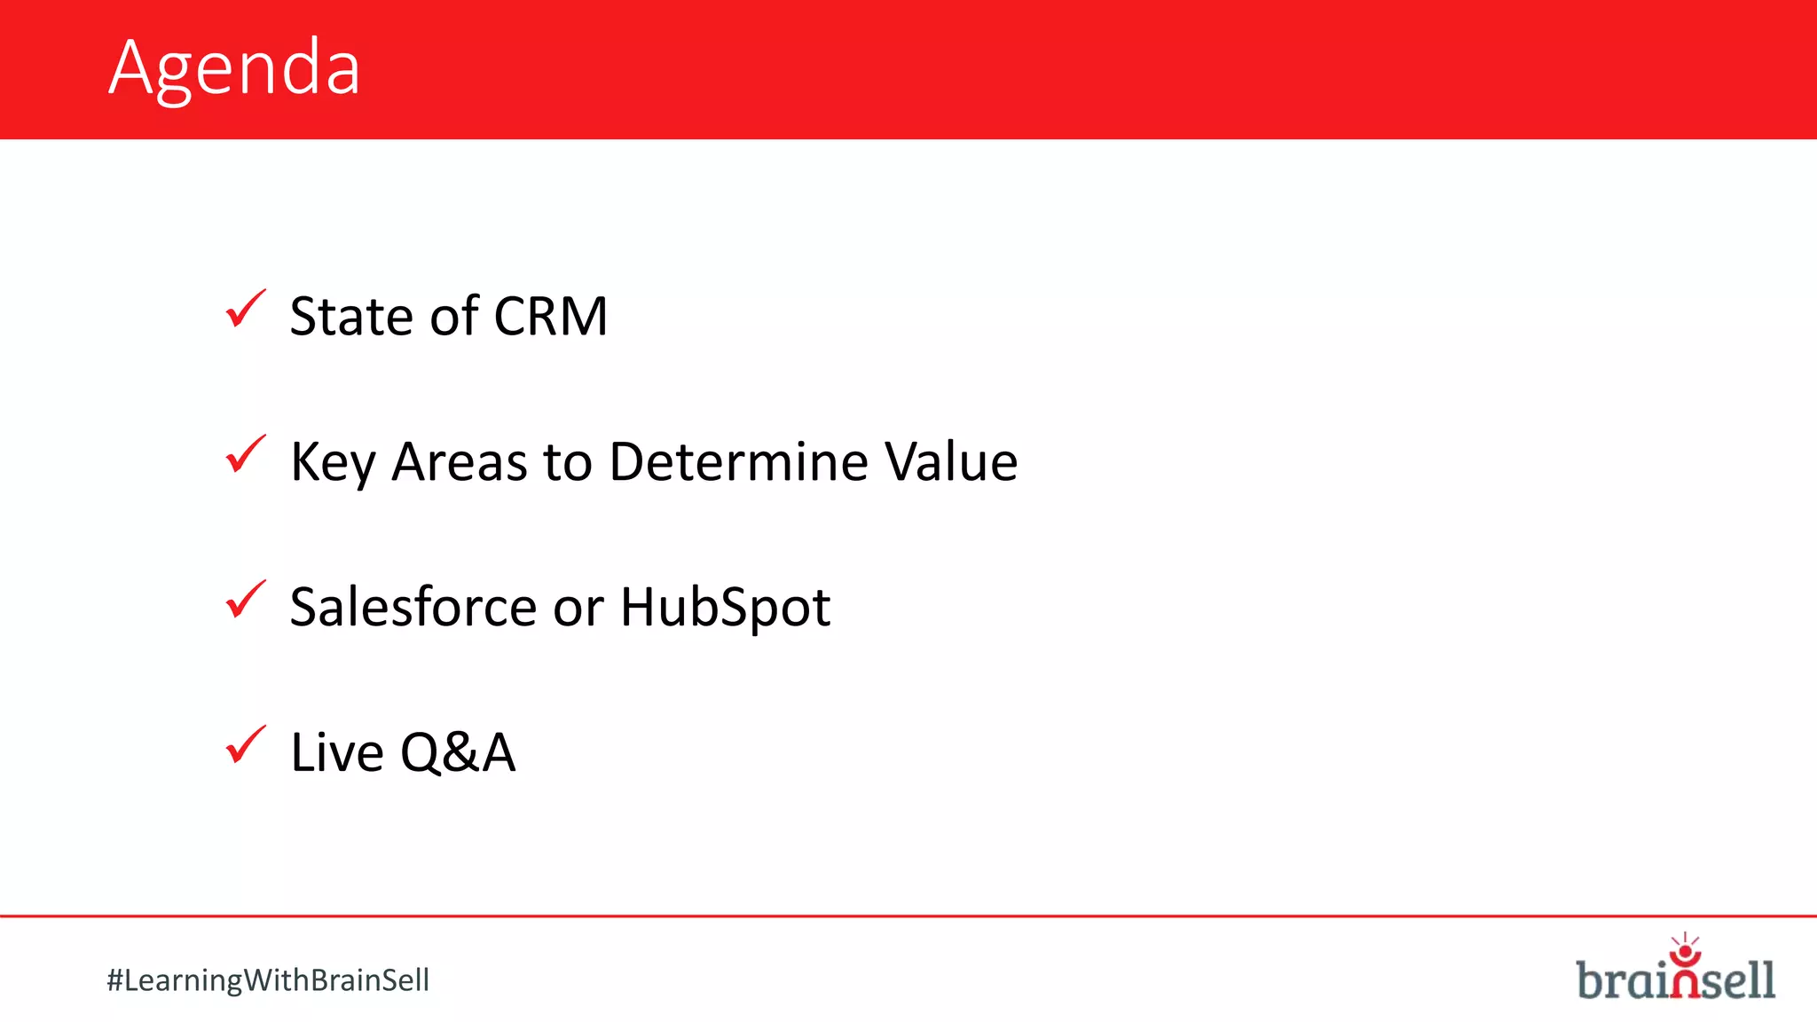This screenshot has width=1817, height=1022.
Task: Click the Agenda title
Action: pos(234,68)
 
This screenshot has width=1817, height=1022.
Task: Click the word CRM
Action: pos(550,316)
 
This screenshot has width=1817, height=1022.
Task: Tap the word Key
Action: pos(333,463)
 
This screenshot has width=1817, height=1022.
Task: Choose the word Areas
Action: pos(460,461)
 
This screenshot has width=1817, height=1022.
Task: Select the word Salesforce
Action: pos(413,607)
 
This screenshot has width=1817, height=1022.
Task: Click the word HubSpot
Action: pos(725,609)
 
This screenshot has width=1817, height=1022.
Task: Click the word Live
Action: pos(336,752)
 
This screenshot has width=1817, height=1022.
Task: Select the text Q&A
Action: pos(458,752)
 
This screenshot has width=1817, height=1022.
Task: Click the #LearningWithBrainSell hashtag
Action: pos(268,980)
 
